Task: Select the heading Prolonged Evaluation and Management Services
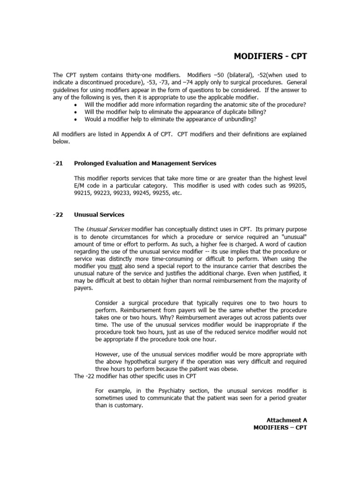coord(145,163)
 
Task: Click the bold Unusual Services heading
coord(99,215)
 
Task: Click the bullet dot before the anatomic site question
coord(76,105)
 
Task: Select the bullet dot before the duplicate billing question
coord(76,112)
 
